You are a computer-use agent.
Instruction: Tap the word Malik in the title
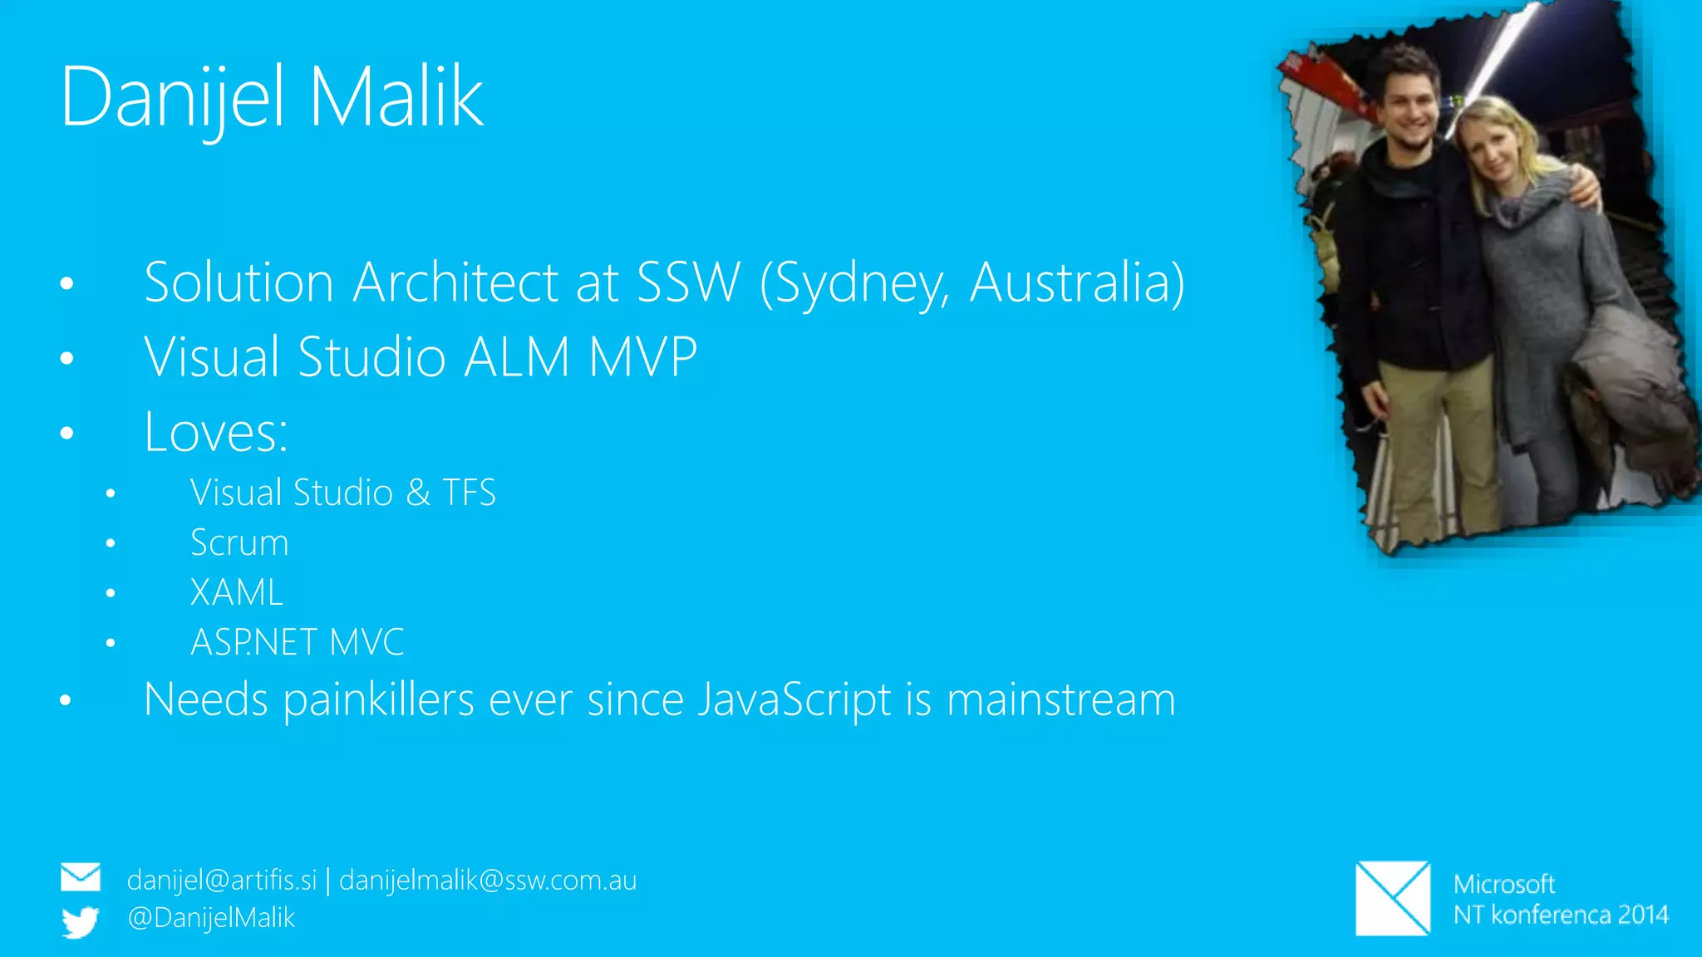click(396, 97)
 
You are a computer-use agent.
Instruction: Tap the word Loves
click(215, 432)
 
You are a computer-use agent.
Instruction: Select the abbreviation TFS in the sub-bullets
click(469, 493)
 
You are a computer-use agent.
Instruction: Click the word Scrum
click(239, 542)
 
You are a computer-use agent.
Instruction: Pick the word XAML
click(237, 592)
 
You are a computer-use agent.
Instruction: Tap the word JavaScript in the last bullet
click(794, 699)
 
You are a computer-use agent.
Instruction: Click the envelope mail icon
click(81, 877)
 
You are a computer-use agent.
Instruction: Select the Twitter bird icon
click(81, 921)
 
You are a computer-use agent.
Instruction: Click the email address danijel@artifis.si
click(222, 880)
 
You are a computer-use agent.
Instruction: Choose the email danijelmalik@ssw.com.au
click(488, 880)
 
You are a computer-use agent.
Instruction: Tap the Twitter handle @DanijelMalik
click(211, 918)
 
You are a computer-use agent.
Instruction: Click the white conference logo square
click(1393, 898)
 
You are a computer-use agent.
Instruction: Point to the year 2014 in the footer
click(1643, 915)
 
